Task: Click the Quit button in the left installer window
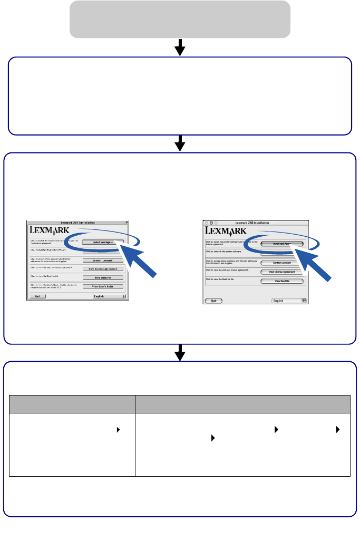click(x=37, y=296)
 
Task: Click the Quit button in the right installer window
click(x=213, y=301)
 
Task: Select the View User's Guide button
click(x=102, y=286)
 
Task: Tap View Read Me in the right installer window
click(x=282, y=282)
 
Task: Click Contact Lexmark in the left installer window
click(x=102, y=260)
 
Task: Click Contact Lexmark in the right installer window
click(x=282, y=262)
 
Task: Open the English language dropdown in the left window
click(x=109, y=296)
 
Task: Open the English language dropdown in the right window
click(x=289, y=301)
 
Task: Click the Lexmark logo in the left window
click(x=50, y=230)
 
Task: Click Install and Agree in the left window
click(x=103, y=243)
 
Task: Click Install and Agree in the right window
click(x=282, y=244)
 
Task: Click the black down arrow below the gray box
click(x=180, y=48)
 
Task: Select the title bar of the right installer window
click(x=255, y=223)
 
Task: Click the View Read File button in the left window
click(x=102, y=277)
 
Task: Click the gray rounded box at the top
click(x=180, y=19)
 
